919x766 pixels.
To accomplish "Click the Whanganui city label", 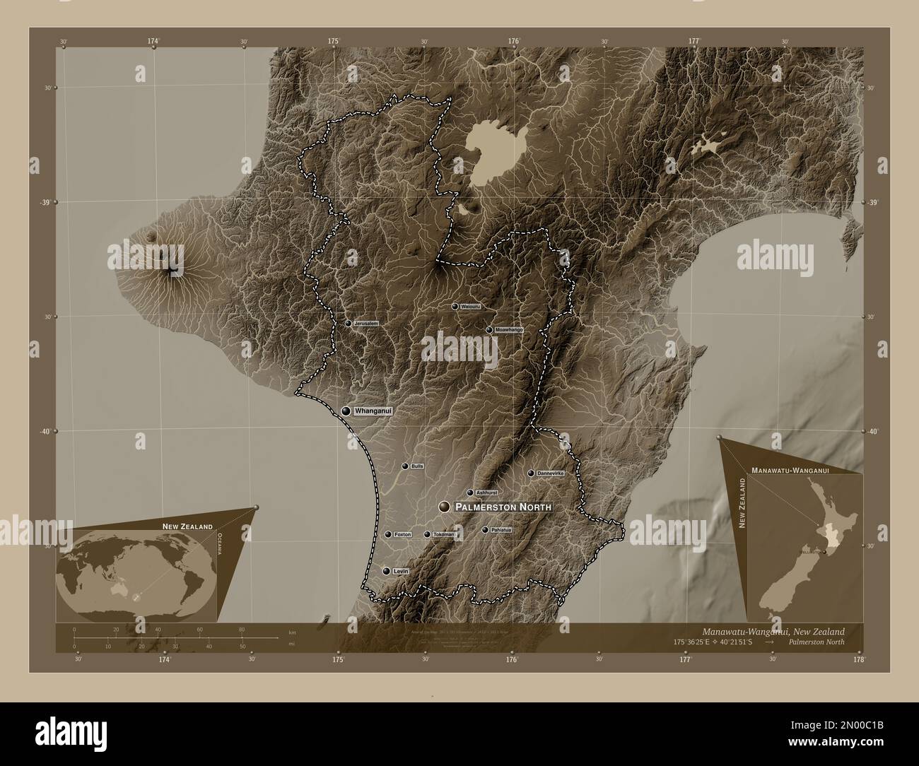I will [x=373, y=411].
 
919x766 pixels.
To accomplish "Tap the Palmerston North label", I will [x=503, y=507].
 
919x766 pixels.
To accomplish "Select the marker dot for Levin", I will [x=386, y=571].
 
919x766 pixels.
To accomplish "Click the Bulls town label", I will [x=416, y=466].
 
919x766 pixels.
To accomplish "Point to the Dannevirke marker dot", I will [x=531, y=473].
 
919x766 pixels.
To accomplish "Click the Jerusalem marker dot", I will [x=348, y=323].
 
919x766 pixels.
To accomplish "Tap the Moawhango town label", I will [x=508, y=330].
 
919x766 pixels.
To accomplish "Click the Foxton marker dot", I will [x=388, y=535].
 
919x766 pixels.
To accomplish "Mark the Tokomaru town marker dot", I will [x=426, y=535].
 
